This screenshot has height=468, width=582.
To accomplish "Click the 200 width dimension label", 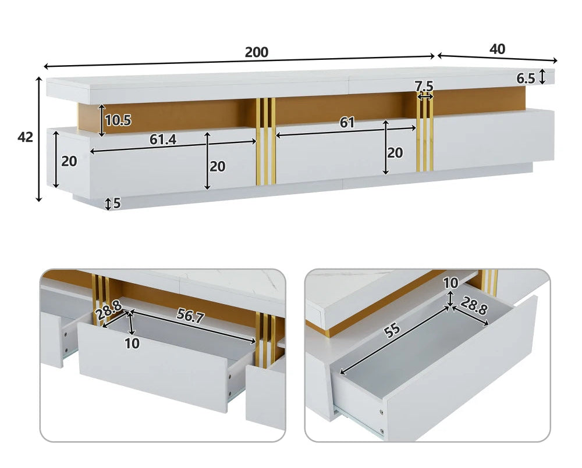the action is pos(257,52).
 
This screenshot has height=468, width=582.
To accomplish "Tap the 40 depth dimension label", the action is pos(497,49).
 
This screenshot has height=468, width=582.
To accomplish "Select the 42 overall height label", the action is pos(25,137).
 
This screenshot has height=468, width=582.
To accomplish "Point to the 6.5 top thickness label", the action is pos(526,78).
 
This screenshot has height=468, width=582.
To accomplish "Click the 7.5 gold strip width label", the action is pos(424,87).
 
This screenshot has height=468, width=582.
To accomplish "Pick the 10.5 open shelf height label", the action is pos(118,120).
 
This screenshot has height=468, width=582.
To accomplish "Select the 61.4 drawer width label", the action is pos(163,139).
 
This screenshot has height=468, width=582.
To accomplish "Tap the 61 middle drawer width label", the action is pos(347,122).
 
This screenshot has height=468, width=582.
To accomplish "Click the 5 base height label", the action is pos(117,203).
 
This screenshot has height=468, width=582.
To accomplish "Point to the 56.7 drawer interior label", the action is pos(190,316).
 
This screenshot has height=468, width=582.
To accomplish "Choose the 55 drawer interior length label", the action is pos(392,331).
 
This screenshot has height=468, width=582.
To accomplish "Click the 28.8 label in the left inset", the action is pos(108,310).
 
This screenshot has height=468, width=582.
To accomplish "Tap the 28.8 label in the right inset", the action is pos(474,306).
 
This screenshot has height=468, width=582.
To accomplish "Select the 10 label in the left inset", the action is pos(132,344).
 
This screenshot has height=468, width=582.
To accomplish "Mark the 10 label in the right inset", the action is pos(450,283).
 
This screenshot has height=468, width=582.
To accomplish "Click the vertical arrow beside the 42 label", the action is pos(39,139).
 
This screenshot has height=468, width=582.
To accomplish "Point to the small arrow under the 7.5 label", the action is pos(425,97).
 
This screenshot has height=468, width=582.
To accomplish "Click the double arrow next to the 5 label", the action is pos(108,204).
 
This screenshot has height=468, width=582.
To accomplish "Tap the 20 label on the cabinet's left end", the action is pos(69,161).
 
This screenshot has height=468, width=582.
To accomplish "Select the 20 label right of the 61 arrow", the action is pos(395,153).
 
